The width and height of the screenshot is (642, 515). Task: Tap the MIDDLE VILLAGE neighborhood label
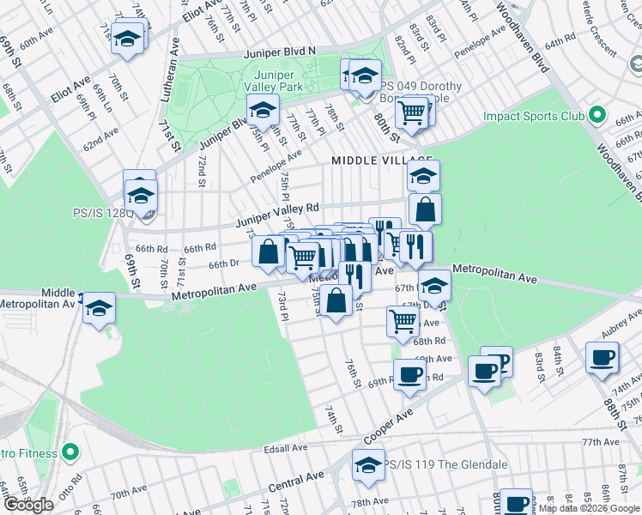[x=373, y=161]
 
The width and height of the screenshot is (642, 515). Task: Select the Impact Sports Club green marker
[x=598, y=116]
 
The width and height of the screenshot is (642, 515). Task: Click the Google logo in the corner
[x=28, y=504]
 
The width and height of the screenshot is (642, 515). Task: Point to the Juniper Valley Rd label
[x=277, y=215]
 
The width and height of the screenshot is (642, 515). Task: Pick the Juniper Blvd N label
[x=281, y=51]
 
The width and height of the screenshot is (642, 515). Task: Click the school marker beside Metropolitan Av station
[x=100, y=306]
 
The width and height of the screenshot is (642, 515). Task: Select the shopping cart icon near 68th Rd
[x=403, y=321]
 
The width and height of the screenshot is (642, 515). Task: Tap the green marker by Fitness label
[x=70, y=452]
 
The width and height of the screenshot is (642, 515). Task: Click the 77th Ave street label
[x=599, y=442]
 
